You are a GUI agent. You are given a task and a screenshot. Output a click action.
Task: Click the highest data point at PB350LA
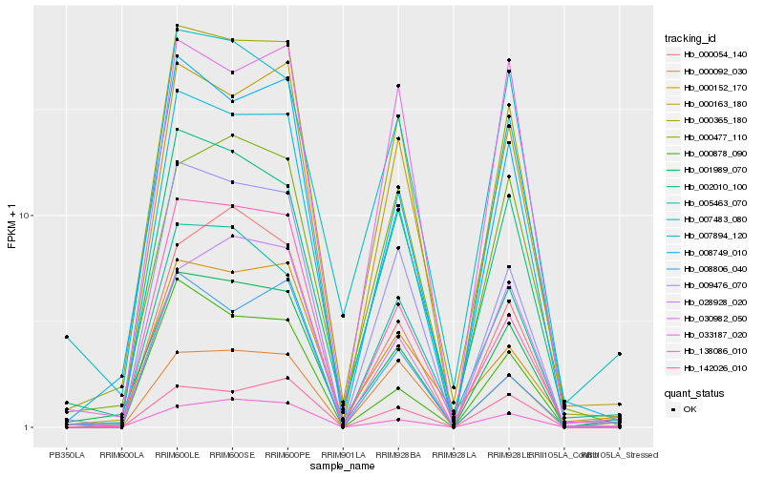click(x=67, y=337)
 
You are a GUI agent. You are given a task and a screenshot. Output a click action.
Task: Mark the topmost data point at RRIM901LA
click(x=343, y=315)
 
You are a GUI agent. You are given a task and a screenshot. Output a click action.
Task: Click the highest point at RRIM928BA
click(x=398, y=86)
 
